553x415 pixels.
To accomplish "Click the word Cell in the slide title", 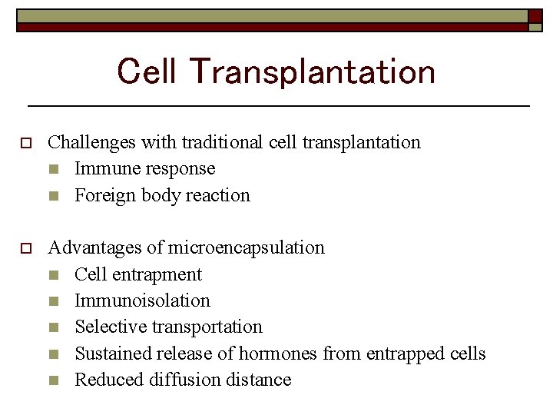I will tap(146, 72).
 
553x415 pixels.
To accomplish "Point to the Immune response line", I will tap(144, 169).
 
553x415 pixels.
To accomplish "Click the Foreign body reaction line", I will tap(162, 195).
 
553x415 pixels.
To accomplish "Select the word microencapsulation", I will tap(246, 248).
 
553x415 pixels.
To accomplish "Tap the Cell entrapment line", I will tap(138, 274).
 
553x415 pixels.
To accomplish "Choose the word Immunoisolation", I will tap(142, 300).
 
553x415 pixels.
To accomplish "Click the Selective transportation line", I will tap(168, 327).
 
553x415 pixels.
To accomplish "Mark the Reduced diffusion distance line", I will tap(183, 380).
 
